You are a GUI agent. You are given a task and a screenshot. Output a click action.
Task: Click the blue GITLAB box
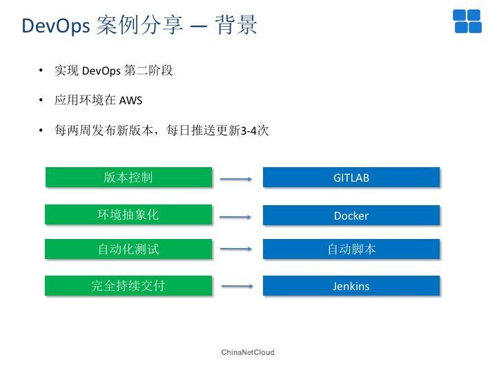(x=351, y=178)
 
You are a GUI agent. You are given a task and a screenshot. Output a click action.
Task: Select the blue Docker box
(x=351, y=215)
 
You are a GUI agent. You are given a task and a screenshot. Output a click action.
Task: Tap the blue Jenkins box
(x=351, y=285)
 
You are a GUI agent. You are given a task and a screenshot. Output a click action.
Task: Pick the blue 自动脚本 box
(x=351, y=249)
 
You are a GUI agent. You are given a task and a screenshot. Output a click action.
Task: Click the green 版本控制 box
(x=128, y=177)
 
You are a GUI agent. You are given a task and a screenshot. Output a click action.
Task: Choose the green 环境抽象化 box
(x=128, y=214)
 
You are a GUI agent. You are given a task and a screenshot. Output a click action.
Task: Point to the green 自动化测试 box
(x=128, y=249)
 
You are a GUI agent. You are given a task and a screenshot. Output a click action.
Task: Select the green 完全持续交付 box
(x=128, y=285)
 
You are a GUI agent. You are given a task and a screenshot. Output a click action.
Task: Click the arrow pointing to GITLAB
(x=236, y=179)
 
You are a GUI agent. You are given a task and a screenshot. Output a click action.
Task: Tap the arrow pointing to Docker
(x=235, y=218)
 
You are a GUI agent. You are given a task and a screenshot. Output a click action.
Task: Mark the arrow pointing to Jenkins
(x=237, y=287)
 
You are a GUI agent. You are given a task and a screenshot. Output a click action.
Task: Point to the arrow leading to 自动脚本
(x=236, y=249)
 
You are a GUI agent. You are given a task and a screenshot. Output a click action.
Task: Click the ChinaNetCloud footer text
(x=248, y=352)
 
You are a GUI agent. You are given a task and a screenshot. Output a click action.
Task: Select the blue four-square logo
(x=467, y=21)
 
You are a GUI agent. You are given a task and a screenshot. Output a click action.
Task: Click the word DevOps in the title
(x=56, y=26)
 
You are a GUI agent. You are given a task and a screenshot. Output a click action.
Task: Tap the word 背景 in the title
(x=236, y=24)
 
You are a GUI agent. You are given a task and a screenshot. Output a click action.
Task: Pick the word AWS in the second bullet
(x=130, y=101)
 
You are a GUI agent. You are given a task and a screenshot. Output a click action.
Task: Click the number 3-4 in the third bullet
(x=248, y=131)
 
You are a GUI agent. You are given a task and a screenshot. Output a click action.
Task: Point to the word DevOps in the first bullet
(x=101, y=70)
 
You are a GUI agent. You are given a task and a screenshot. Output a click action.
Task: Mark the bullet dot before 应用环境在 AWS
(x=41, y=100)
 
